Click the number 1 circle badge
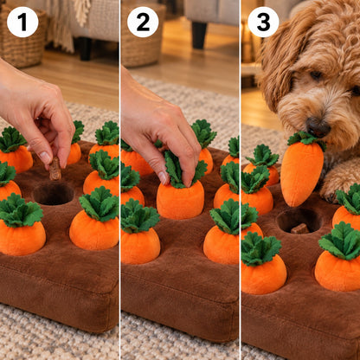point(22,22)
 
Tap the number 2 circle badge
point(143,22)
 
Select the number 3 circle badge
point(263,22)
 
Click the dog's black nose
point(318,127)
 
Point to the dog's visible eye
point(316,75)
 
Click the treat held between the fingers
point(55,169)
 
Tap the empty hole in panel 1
point(54,194)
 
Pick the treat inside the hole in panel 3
point(300,228)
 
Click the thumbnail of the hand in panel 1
point(45,157)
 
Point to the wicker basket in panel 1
point(22,36)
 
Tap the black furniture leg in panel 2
point(199,35)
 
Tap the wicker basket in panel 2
point(142,35)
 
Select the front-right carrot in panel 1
point(95,219)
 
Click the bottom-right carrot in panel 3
point(338,257)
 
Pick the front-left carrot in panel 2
point(140,231)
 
